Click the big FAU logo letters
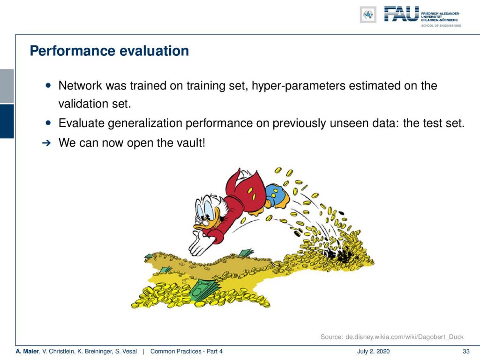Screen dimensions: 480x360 pos(401,14)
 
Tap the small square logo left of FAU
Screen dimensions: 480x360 pos(368,15)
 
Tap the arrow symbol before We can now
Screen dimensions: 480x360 pos(46,143)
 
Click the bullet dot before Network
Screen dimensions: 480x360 pos(48,85)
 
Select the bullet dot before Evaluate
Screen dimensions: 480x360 pos(48,123)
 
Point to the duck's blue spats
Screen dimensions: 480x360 pos(276,195)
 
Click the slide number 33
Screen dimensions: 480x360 pos(466,352)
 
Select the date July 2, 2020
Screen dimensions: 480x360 pos(373,352)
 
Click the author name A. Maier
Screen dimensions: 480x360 pos(27,352)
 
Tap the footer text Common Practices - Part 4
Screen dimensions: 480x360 pos(187,352)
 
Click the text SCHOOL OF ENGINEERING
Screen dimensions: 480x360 pos(441,26)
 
